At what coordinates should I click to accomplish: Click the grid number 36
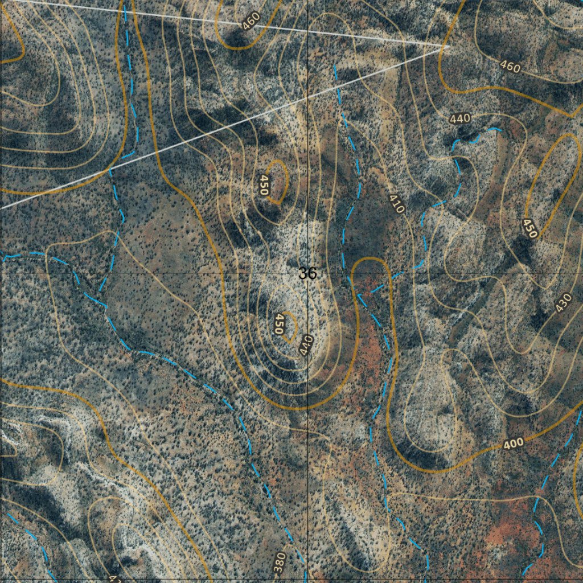coord(307,274)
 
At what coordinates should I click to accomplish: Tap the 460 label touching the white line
coord(251,20)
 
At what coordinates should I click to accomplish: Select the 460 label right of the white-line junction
coord(510,67)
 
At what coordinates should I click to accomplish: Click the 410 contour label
coord(397,204)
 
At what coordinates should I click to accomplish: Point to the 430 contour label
coord(563,302)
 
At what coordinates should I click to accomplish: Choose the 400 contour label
coord(514,443)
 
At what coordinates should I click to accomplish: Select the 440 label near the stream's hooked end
coord(459,118)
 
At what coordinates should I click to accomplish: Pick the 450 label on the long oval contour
coord(530,228)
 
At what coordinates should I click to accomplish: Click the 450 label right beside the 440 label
coord(279,323)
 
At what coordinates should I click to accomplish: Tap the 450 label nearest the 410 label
coord(264,185)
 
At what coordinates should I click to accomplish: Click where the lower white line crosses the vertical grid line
coord(307,97)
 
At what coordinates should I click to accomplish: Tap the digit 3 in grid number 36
coord(303,274)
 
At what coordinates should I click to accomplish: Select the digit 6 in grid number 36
coord(312,274)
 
